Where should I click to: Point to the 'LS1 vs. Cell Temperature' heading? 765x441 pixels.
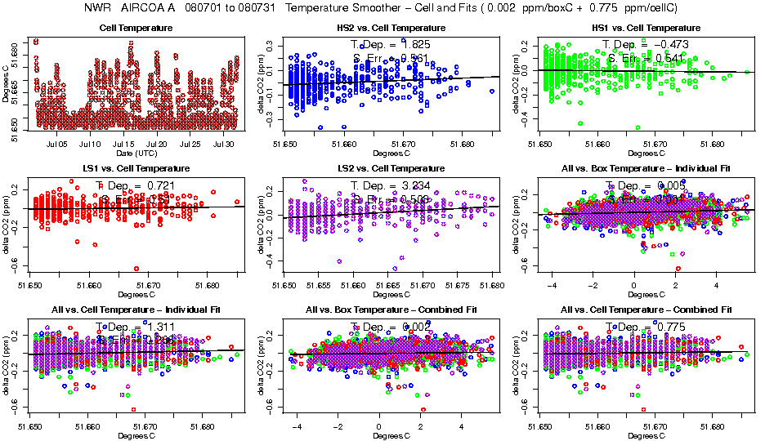click(134, 169)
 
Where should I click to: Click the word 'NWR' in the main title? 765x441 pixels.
click(97, 8)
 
